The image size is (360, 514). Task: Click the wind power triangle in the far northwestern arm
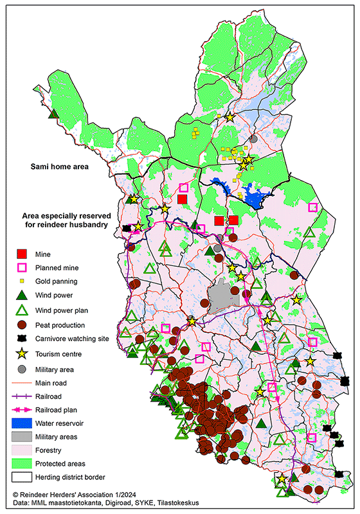pos(54,114)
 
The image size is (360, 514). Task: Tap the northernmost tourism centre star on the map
pos(230,117)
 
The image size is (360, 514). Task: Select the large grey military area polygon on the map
pos(222,297)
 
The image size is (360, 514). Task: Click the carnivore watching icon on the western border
pos(127,228)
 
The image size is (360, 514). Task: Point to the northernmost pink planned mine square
pos(183,188)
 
